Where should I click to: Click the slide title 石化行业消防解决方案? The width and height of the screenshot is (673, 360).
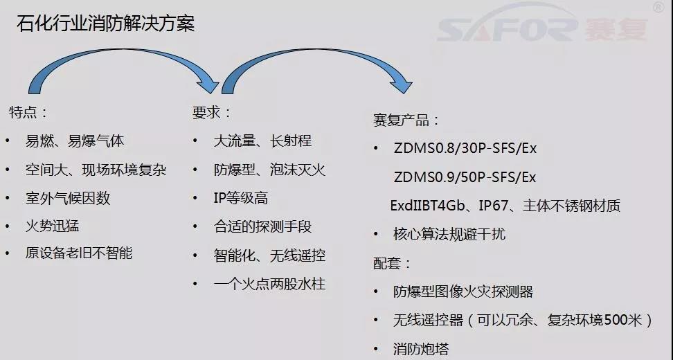[x=105, y=23]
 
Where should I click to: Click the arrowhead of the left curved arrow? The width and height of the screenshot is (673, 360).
[x=209, y=83]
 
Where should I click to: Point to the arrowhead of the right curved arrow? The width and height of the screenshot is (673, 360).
[x=402, y=83]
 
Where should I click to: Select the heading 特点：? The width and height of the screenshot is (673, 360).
[x=29, y=112]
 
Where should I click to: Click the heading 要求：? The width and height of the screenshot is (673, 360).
[x=212, y=112]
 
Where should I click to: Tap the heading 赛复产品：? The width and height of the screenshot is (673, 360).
[x=406, y=120]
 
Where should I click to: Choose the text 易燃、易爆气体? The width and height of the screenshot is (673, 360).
[x=75, y=141]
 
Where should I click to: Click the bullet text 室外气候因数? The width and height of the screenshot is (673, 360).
[x=68, y=198]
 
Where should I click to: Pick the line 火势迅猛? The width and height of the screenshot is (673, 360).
[x=53, y=226]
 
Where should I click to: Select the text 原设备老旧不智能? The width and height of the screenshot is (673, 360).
[x=78, y=253]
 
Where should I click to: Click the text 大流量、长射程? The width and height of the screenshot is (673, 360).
[x=262, y=141]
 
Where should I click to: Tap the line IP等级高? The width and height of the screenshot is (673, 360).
[x=241, y=198]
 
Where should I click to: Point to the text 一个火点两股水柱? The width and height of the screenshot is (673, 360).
[x=269, y=284]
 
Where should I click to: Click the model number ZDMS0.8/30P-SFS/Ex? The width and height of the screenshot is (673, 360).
[x=465, y=148]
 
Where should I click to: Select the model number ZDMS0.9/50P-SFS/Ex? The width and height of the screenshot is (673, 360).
[x=465, y=177]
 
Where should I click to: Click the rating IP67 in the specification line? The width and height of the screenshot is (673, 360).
[x=493, y=206]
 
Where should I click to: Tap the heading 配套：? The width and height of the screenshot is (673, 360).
[x=393, y=263]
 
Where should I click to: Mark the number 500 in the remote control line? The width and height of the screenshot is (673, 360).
[x=616, y=320]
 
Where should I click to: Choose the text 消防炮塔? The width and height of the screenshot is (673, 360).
[x=421, y=349]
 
